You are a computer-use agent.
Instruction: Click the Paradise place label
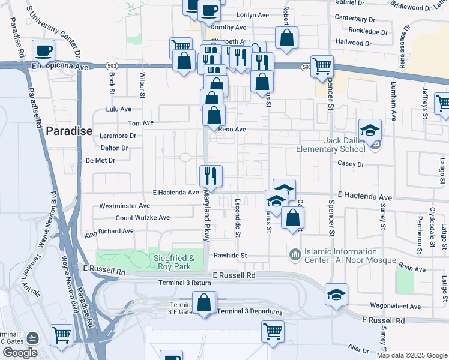pyautogui.click(x=70, y=131)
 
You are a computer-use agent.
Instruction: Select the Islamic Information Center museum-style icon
pyautogui.click(x=294, y=255)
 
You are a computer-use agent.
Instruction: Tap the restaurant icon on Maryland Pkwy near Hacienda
pyautogui.click(x=211, y=176)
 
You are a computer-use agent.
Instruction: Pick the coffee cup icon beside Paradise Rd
pyautogui.click(x=43, y=50)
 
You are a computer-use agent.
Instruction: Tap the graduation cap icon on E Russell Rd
pyautogui.click(x=336, y=294)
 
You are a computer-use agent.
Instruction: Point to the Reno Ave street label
pyautogui.click(x=232, y=130)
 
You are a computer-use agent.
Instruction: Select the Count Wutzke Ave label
pyautogui.click(x=142, y=217)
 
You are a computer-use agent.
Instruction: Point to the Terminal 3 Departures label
pyautogui.click(x=247, y=311)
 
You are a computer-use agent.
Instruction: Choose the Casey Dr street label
pyautogui.click(x=351, y=163)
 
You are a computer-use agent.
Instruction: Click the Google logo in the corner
pyautogui.click(x=20, y=353)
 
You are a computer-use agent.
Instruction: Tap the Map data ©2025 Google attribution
pyautogui.click(x=411, y=355)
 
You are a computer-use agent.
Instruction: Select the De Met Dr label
pyautogui.click(x=100, y=160)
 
